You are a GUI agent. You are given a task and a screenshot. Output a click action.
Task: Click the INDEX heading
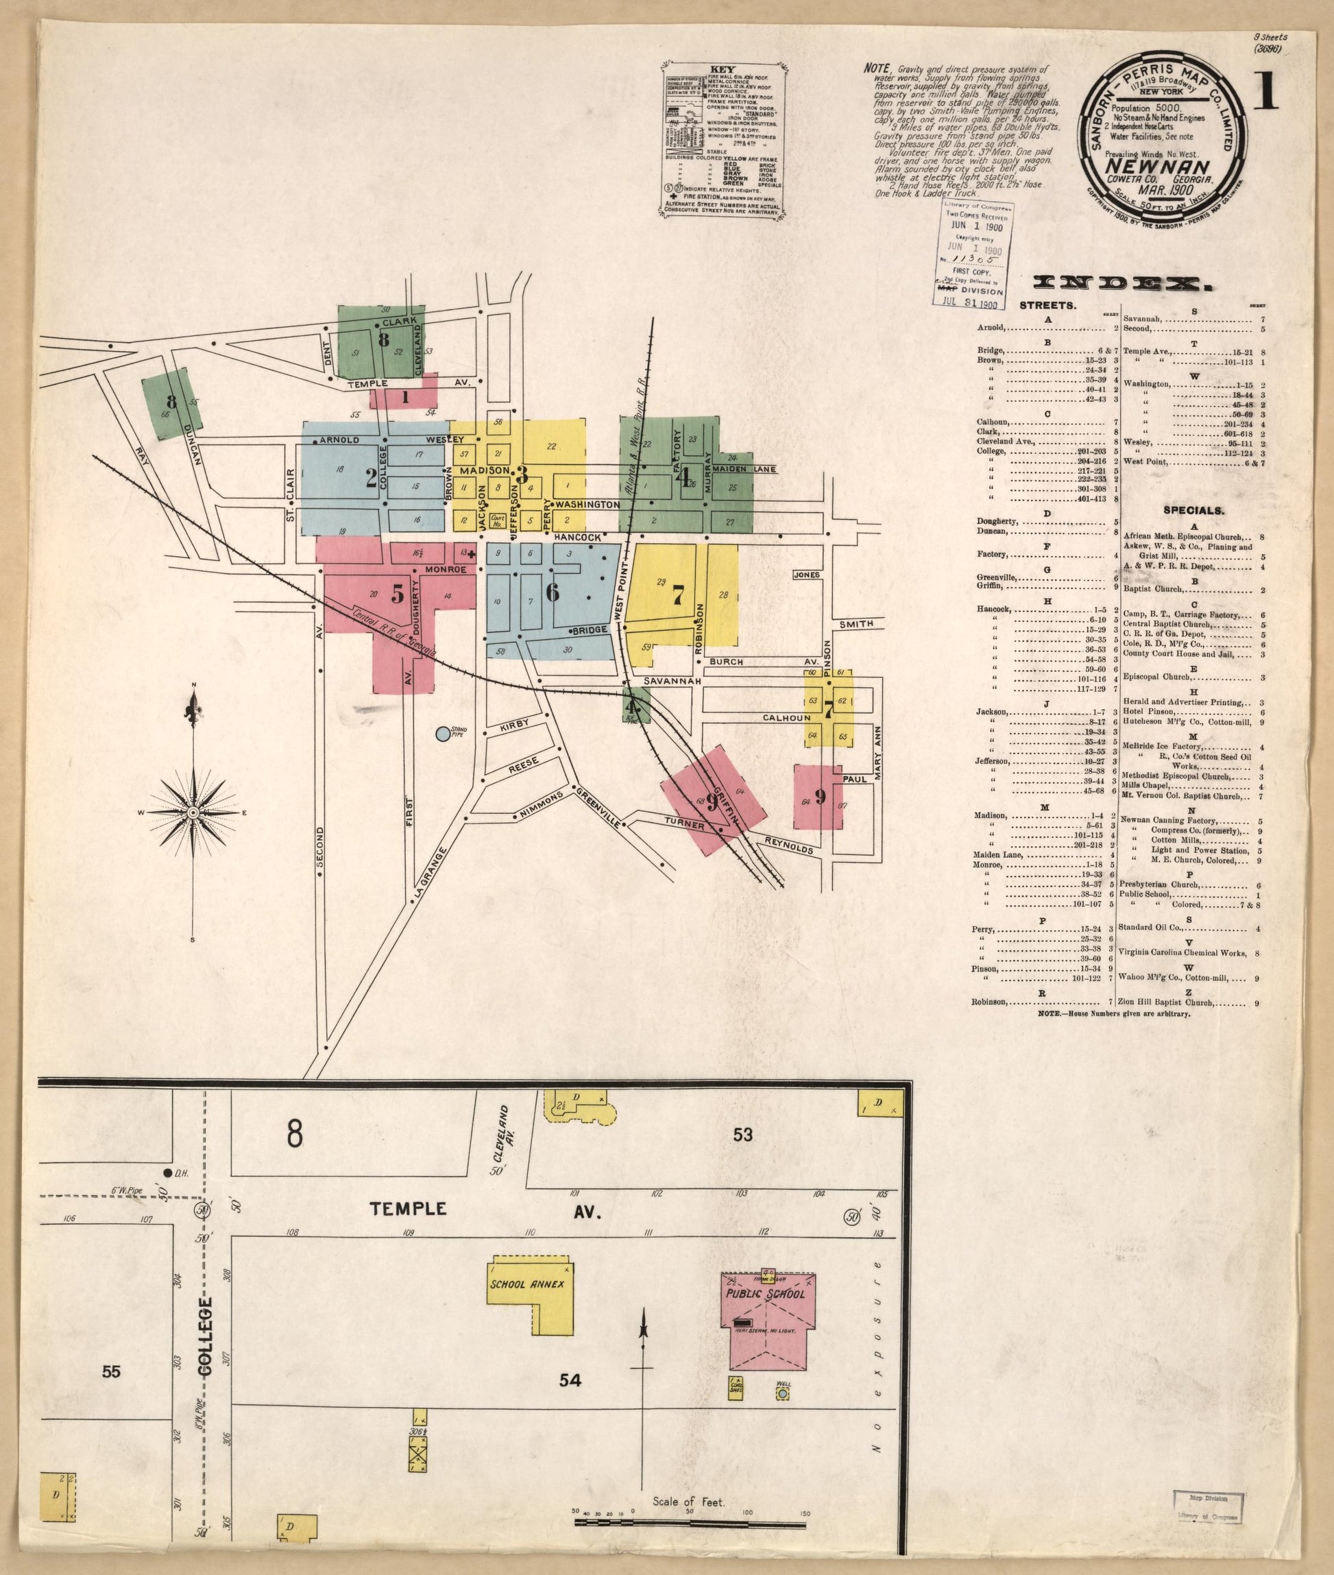[x=1122, y=283]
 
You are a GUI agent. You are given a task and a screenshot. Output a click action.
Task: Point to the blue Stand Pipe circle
[x=443, y=732]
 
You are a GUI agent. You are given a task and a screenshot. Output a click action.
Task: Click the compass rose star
[x=193, y=812]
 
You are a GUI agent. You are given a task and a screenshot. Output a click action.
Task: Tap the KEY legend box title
[x=725, y=69]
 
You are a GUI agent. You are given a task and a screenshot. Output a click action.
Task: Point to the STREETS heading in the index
[x=1047, y=306]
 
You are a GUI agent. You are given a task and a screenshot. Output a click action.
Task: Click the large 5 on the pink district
[x=397, y=595]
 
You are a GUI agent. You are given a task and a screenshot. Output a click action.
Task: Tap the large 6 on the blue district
[x=552, y=592]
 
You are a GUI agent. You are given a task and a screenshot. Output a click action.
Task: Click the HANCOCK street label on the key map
[x=577, y=537]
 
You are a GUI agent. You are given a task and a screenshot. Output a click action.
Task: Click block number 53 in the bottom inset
[x=743, y=1155]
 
